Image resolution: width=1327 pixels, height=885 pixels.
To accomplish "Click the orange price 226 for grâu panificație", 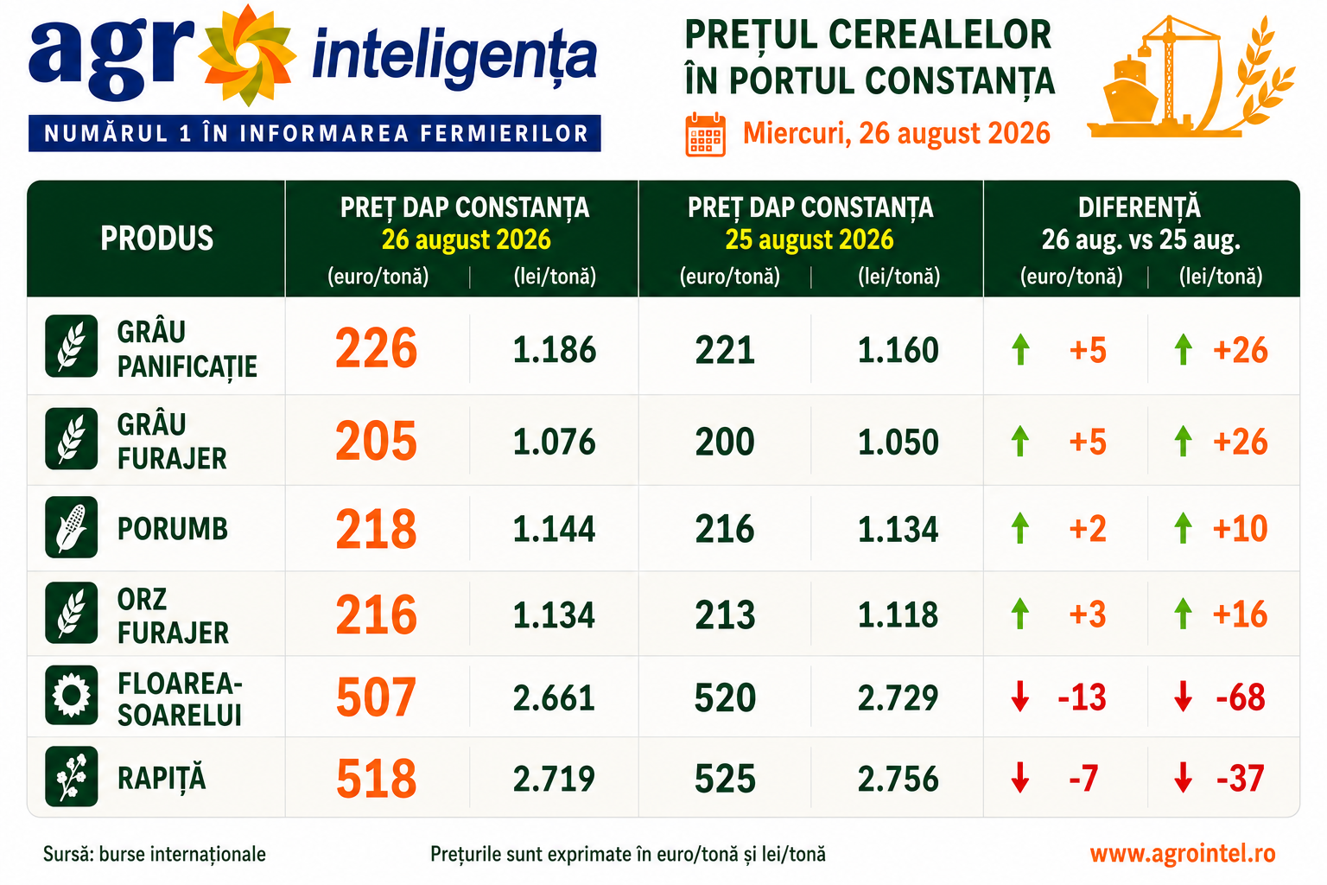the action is pos(376,348).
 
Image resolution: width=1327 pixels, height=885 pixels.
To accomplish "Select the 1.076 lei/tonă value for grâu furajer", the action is pos(555,442).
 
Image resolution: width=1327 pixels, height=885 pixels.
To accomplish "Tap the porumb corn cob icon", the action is pos(71,527).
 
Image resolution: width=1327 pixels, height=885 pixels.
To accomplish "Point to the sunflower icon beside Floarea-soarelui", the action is pos(71,696).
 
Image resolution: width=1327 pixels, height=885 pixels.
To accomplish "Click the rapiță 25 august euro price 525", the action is pos(725,779).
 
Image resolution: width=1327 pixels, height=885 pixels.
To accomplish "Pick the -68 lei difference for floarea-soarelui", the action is pos(1241,697).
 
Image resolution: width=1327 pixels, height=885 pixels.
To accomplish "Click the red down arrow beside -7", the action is pos(1019,778).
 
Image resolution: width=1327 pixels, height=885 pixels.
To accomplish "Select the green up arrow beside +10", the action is pos(1183,527).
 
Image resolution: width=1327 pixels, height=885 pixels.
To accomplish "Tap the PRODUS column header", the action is pos(156,239).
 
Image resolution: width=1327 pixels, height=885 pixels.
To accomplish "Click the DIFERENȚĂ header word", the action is pos(1140,207).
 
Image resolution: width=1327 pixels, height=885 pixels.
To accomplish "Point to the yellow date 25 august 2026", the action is pos(810,239).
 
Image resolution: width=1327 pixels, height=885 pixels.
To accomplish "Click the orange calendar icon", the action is pos(705,135).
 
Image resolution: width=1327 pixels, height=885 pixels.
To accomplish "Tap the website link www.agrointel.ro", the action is pos(1183,854).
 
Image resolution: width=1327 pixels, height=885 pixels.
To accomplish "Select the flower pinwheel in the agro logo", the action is pos(247,55).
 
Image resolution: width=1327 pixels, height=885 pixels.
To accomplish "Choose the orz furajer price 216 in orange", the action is pos(376,614).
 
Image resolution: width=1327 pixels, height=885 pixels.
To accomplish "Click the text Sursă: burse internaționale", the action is pos(154,854).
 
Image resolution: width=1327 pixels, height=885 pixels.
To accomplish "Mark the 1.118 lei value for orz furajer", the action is pos(898,614).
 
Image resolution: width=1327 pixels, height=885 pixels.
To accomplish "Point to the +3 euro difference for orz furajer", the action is pos(1088,614).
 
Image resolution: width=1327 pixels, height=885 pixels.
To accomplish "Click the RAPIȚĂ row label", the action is pos(162,779).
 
